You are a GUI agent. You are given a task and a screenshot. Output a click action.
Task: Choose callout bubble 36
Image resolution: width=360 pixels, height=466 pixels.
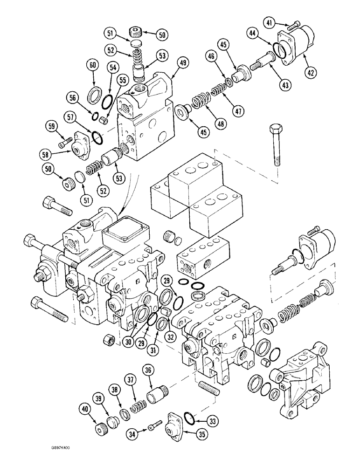148,370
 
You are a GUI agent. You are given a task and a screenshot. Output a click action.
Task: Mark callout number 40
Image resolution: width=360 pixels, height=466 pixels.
84,410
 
